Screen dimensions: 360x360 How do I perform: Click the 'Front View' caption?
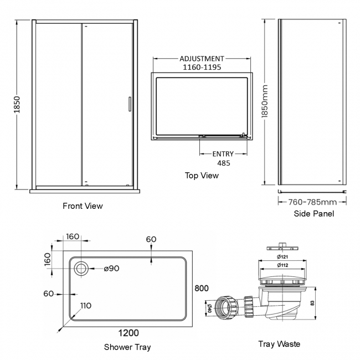83,206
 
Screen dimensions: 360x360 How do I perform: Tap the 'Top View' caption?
202,176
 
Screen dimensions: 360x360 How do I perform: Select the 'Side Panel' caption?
315,213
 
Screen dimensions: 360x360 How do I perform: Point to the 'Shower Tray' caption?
127,347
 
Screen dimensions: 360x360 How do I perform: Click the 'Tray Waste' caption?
279,344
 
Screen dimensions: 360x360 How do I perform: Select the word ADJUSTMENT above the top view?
202,59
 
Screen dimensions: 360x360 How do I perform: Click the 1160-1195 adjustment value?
202,68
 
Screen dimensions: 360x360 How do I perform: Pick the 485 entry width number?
223,163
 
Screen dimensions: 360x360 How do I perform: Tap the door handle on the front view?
130,105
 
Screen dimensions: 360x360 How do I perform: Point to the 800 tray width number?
202,289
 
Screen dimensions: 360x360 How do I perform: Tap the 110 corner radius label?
86,306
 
